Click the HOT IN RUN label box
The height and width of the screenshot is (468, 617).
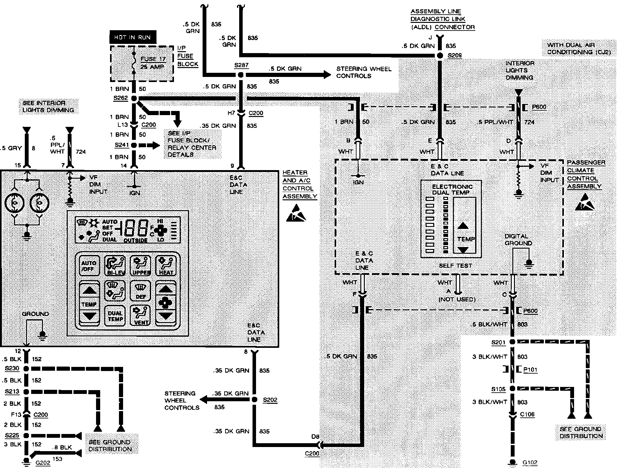133,38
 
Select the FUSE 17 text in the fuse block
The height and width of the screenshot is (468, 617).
153,59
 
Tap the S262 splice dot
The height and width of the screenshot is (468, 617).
134,98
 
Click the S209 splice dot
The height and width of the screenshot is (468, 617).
440,56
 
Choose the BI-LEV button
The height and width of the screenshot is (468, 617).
115,266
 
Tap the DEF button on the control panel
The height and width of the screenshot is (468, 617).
140,291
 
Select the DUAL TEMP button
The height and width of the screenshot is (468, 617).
115,316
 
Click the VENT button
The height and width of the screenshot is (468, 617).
140,316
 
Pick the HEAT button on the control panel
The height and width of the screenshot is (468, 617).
166,266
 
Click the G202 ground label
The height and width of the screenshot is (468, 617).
43,463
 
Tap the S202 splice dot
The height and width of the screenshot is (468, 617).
254,400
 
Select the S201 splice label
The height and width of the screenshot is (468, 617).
498,342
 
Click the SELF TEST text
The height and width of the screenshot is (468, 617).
455,266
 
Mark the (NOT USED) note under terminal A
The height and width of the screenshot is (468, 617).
457,299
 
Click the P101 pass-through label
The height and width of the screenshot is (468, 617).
530,370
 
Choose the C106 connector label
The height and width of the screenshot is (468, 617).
527,415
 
